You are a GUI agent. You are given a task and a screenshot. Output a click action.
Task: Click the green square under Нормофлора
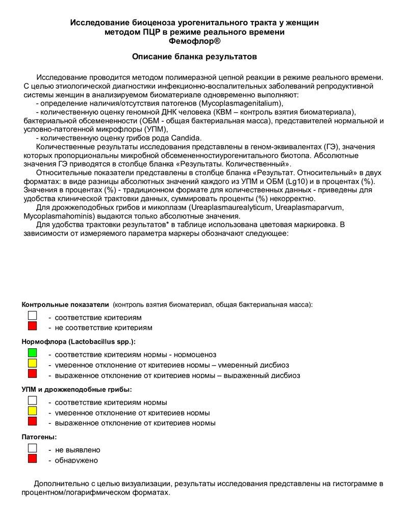tap(33, 352)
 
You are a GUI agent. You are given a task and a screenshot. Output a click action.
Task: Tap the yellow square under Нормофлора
tap(33, 363)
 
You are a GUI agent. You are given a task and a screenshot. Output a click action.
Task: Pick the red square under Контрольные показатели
tap(33, 325)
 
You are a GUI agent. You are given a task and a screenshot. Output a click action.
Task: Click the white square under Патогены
tap(33, 448)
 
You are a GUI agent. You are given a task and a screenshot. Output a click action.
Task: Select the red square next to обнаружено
tap(33, 458)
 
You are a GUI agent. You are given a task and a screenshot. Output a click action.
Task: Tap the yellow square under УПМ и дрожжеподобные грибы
tap(33, 411)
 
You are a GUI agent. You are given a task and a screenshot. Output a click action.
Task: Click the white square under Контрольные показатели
tap(33, 315)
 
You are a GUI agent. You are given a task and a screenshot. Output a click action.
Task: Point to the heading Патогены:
tap(39, 437)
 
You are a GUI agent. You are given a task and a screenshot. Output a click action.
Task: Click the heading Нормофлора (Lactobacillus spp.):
tap(79, 341)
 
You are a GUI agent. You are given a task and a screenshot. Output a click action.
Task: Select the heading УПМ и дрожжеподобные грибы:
tap(76, 389)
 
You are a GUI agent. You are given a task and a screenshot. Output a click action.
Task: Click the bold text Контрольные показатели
tap(65, 304)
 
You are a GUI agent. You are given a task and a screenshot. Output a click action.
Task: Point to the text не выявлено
tap(78, 450)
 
